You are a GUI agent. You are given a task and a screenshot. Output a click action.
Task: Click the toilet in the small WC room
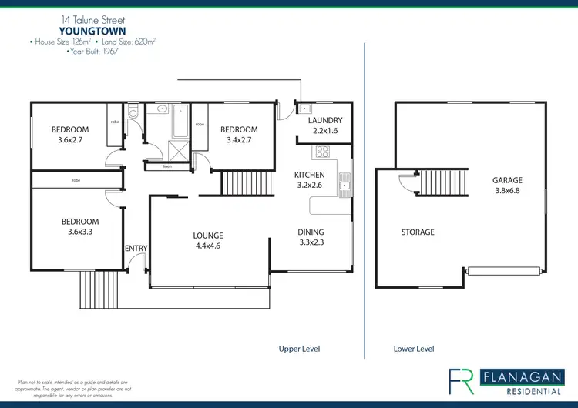pyautogui.click(x=133, y=113)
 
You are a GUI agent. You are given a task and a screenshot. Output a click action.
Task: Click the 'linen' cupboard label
pyautogui.click(x=167, y=166)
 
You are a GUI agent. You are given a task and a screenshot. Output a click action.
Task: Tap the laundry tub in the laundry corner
pyautogui.click(x=304, y=109)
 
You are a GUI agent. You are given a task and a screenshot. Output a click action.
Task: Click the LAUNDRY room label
pyautogui.click(x=324, y=121)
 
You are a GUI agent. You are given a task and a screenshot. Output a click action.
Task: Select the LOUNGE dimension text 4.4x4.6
pyautogui.click(x=208, y=246)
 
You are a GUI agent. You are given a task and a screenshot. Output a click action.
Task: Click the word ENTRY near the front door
pyautogui.click(x=136, y=248)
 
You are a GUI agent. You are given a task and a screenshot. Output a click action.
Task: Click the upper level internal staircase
pyautogui.click(x=248, y=183)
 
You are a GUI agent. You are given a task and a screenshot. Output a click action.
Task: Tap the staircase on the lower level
pyautogui.click(x=444, y=183)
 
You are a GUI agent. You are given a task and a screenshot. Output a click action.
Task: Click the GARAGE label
pyautogui.click(x=507, y=181)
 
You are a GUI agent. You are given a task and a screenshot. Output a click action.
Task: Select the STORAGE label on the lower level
pyautogui.click(x=417, y=232)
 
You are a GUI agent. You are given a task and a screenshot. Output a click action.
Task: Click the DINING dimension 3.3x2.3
pyautogui.click(x=311, y=242)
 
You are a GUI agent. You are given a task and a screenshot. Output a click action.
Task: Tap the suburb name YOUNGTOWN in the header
pyautogui.click(x=92, y=32)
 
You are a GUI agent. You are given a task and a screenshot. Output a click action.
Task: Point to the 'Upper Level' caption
pyautogui.click(x=299, y=349)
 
